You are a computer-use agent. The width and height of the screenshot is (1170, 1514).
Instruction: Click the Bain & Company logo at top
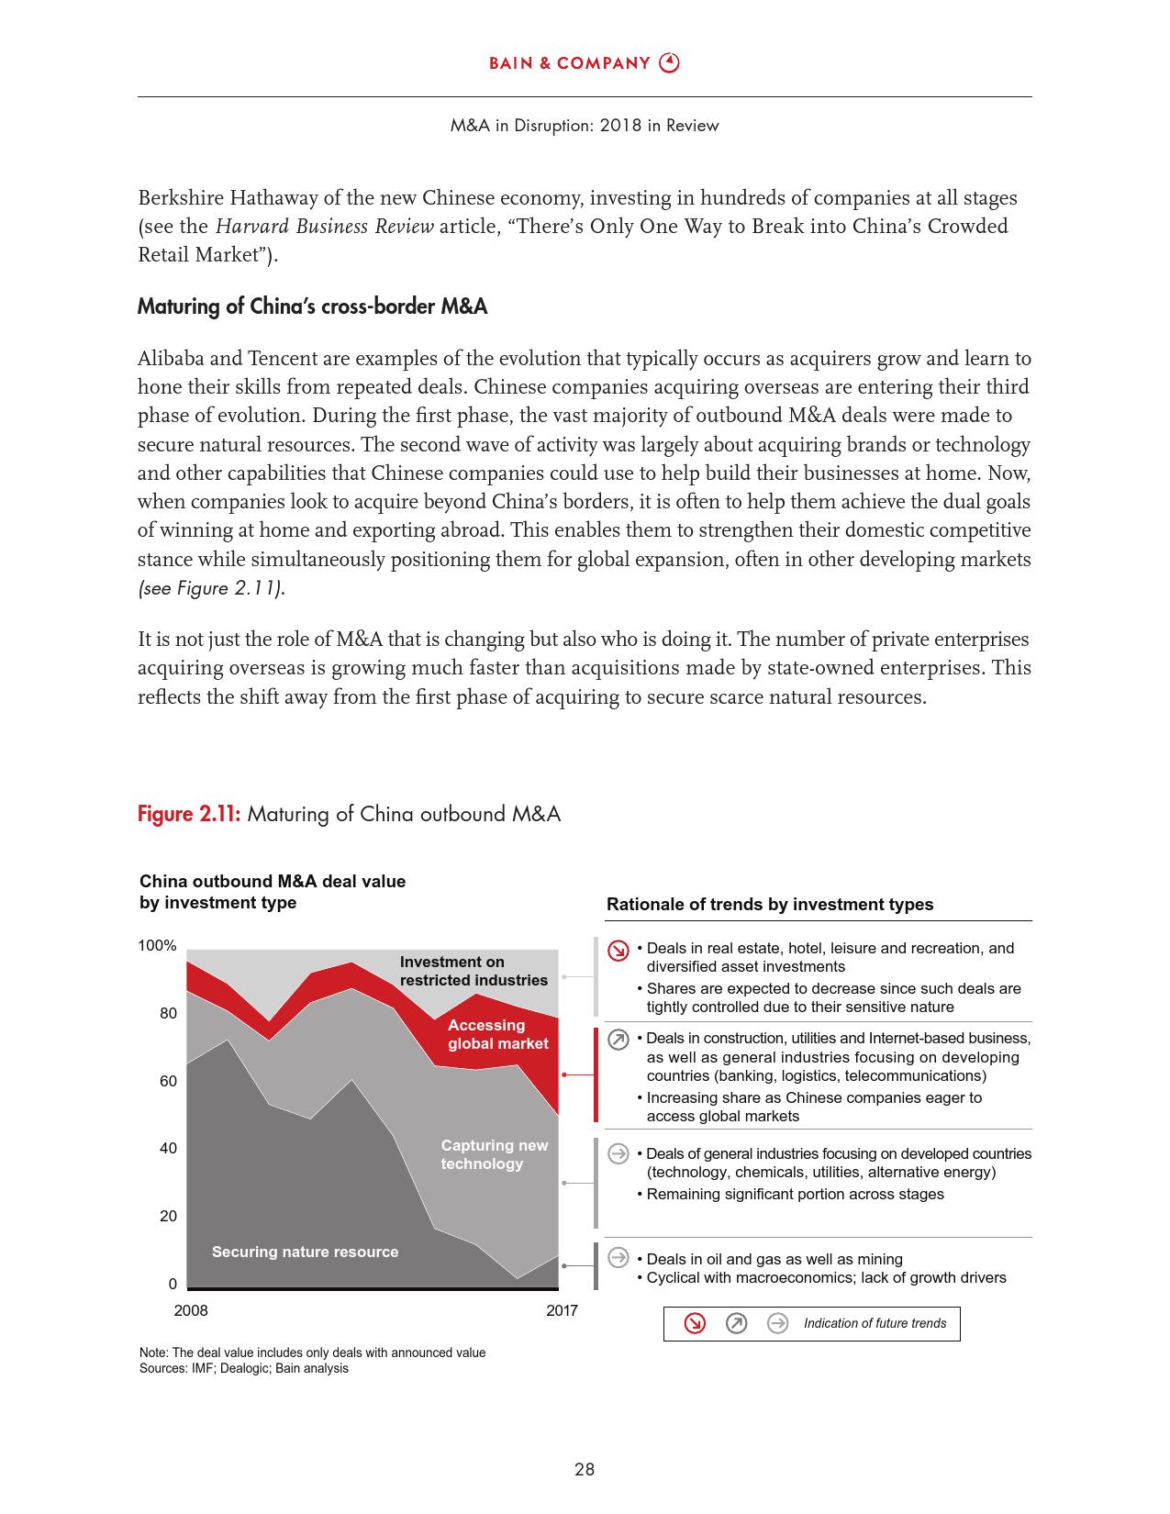584,63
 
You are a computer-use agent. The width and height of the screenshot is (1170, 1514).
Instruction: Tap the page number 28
585,1469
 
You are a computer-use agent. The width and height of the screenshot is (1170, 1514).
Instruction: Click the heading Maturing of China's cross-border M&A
312,306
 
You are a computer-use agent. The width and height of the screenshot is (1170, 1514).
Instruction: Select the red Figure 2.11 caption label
189,814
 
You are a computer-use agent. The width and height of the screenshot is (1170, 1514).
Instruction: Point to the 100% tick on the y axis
158,946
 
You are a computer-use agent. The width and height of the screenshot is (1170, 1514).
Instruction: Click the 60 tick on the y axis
168,1081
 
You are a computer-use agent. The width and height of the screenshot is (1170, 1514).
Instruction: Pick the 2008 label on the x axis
191,1310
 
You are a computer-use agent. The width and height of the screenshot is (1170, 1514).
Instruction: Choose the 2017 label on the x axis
562,1310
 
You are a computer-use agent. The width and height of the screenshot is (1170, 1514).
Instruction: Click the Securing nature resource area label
305,1252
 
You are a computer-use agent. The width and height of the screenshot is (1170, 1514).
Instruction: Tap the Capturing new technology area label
494,1154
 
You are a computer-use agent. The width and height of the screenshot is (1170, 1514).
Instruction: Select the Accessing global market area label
497,1034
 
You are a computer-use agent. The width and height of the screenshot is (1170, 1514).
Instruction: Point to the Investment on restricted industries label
474,971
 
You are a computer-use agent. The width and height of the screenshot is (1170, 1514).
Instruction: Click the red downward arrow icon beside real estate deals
618,951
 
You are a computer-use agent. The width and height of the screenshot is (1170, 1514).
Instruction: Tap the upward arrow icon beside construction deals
618,1040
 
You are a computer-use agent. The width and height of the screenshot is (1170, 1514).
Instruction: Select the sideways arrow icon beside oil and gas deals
618,1258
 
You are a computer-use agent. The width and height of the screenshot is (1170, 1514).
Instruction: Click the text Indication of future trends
875,1323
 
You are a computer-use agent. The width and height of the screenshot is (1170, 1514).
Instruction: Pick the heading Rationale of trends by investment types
770,905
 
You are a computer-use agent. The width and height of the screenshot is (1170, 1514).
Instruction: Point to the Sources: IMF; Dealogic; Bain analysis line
244,1368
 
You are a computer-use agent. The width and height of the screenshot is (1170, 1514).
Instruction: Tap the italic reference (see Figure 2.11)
211,588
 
